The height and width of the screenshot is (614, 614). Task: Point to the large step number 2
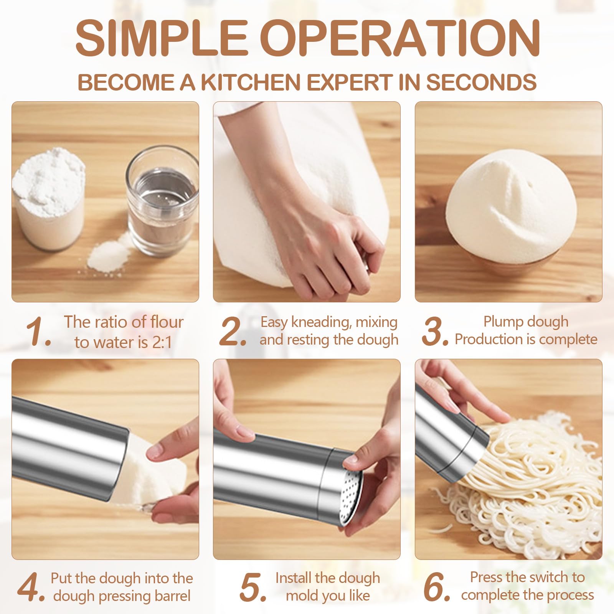coord(233,331)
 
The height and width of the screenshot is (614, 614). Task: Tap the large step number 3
coord(435,331)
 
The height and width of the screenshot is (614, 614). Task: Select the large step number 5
coord(253,588)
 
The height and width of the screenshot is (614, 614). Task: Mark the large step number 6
coord(437,588)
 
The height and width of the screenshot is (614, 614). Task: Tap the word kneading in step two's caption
coord(321,322)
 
